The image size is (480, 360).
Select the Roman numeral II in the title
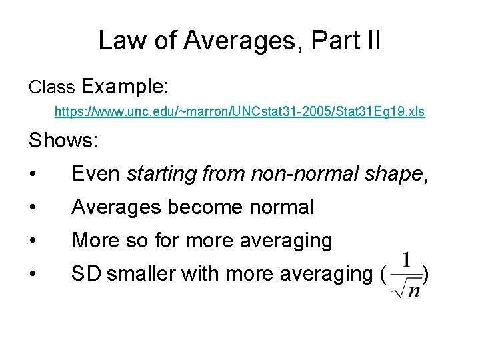[371, 41]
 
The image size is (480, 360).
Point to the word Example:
[125, 87]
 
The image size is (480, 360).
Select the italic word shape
[393, 174]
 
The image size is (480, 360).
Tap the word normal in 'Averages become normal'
[281, 207]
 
